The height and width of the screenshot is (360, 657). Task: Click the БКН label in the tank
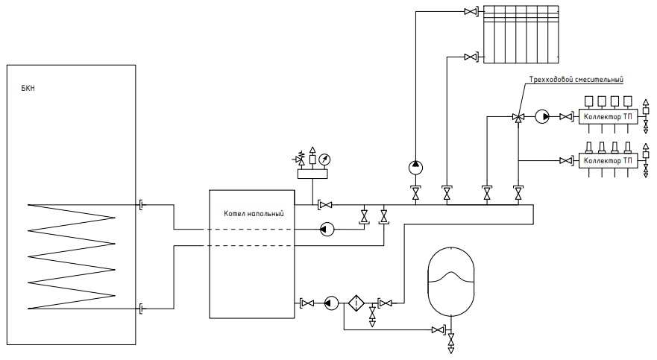point(28,89)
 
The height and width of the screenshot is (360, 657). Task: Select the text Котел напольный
point(254,213)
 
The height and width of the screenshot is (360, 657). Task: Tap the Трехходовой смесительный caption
point(576,80)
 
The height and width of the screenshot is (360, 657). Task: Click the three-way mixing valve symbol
point(518,117)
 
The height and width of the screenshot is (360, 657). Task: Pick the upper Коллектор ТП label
point(608,117)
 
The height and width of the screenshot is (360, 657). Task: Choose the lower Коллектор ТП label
point(608,161)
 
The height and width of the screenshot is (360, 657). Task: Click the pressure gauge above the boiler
point(324,160)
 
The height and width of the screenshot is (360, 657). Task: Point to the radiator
point(521,34)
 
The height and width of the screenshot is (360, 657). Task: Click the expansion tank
point(451,281)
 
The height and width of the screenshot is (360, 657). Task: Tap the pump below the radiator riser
point(415,168)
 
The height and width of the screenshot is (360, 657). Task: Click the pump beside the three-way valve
point(542,117)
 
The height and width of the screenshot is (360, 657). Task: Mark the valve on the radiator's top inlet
point(471,12)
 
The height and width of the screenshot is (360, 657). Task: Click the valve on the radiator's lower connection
point(471,57)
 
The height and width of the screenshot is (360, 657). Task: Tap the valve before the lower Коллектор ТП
point(567,161)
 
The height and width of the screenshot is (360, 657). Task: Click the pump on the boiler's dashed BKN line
point(327,229)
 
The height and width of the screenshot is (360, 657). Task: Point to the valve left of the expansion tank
point(438,330)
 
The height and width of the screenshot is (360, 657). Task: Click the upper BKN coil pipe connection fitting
point(142,205)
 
